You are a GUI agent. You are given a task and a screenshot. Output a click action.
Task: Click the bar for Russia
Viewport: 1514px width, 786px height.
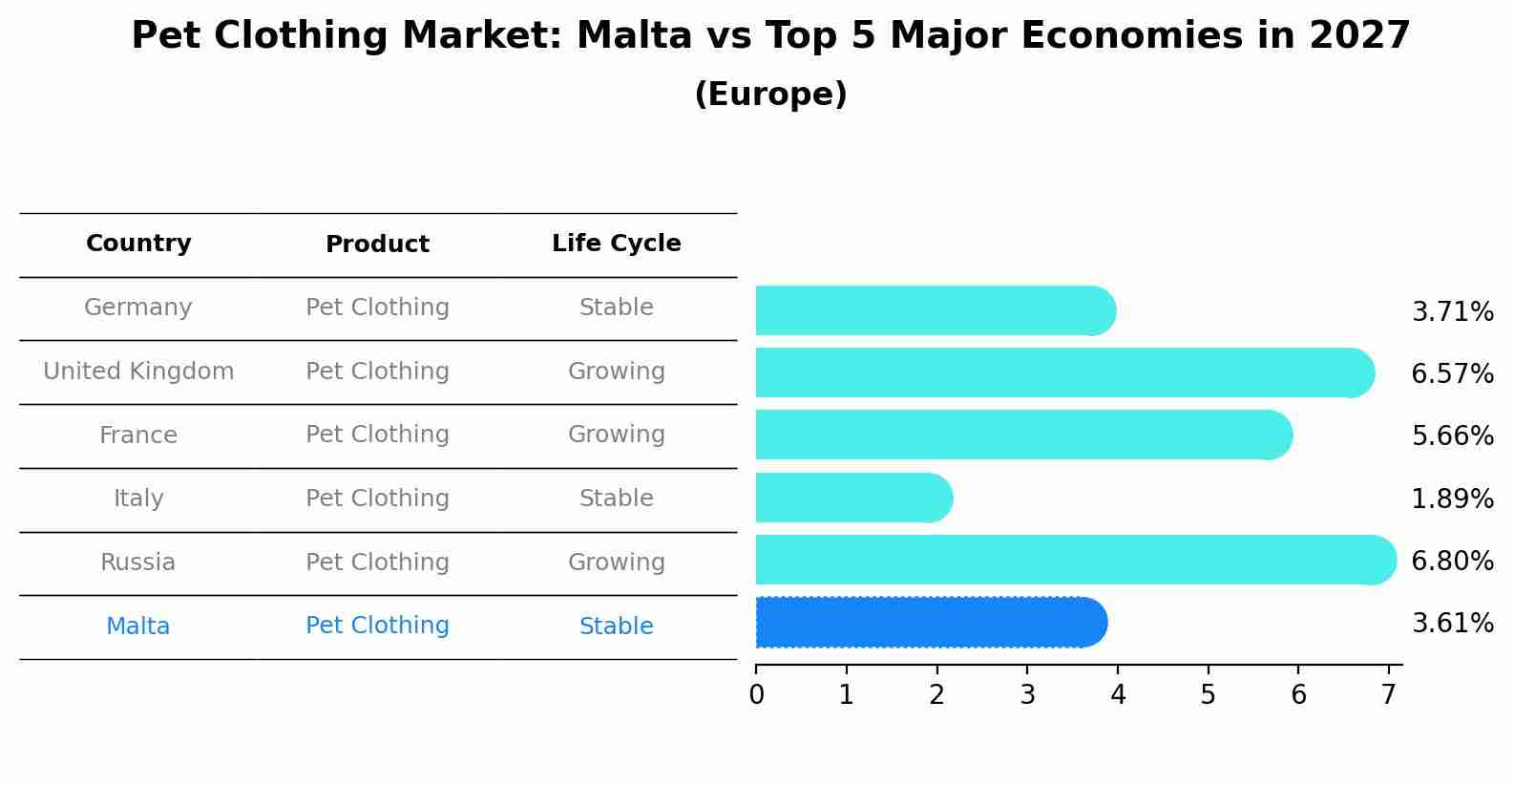pyautogui.click(x=1074, y=560)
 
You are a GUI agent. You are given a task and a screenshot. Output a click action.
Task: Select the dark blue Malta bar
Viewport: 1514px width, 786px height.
pyautogui.click(x=931, y=623)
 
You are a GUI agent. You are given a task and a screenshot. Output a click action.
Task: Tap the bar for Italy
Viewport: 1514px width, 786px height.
pyautogui.click(x=853, y=498)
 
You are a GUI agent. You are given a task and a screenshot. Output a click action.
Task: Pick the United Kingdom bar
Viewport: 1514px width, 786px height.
pyautogui.click(x=1064, y=372)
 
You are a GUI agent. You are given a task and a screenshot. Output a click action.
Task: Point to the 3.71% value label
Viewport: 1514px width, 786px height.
pyautogui.click(x=1452, y=312)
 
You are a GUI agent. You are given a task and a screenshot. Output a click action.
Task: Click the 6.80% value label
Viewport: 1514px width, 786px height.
pyautogui.click(x=1452, y=561)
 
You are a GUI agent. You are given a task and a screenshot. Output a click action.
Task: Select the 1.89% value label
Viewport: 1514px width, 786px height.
pyautogui.click(x=1452, y=499)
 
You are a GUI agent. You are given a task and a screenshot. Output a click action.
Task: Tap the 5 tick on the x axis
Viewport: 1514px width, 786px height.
pyautogui.click(x=1208, y=695)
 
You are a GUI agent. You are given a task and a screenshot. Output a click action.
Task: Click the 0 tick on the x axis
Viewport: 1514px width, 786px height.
pyautogui.click(x=756, y=695)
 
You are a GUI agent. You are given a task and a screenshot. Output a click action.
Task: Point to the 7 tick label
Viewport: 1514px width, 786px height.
pyautogui.click(x=1388, y=695)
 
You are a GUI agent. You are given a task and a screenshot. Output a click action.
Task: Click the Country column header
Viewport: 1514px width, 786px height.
pyautogui.click(x=138, y=244)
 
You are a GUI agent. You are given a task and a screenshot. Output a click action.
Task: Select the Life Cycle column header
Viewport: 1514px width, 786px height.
pyautogui.click(x=616, y=244)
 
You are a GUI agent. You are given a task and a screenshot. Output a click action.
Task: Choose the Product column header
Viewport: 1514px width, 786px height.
pyautogui.click(x=377, y=244)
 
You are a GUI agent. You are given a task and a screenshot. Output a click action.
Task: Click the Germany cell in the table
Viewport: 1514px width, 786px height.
pyautogui.click(x=138, y=308)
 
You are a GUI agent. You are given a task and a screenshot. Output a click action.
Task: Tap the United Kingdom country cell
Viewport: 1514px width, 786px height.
pyautogui.click(x=138, y=372)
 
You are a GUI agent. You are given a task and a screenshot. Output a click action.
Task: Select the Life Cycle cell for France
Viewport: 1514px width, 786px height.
pyautogui.click(x=616, y=435)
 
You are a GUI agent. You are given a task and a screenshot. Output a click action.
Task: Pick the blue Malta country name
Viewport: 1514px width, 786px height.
pyautogui.click(x=138, y=627)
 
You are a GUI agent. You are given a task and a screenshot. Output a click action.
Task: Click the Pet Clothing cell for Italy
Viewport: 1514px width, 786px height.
pyautogui.click(x=377, y=499)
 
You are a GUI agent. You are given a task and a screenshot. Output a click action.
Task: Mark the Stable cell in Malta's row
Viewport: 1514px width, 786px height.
pyautogui.click(x=616, y=627)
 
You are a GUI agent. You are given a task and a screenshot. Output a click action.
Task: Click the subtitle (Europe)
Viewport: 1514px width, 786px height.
pyautogui.click(x=770, y=95)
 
